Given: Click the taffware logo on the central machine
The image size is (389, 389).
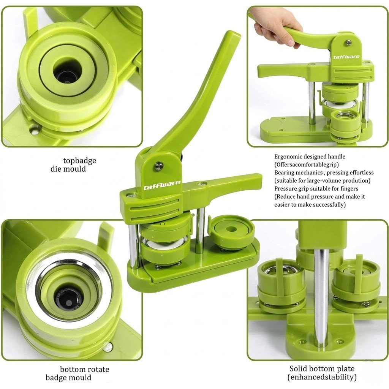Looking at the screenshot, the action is click(162, 185).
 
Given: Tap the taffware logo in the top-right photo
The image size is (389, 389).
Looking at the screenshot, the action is click(346, 57).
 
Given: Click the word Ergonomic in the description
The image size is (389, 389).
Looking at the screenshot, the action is click(288, 157).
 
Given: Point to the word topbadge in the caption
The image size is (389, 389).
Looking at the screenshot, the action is click(80, 161).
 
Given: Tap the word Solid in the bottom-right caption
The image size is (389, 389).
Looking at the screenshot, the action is click(297, 368).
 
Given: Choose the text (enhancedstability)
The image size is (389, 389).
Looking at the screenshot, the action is click(322, 377).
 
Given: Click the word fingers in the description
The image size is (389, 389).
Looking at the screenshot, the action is click(349, 188).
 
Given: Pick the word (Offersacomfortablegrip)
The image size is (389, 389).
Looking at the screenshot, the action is click(307, 164).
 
